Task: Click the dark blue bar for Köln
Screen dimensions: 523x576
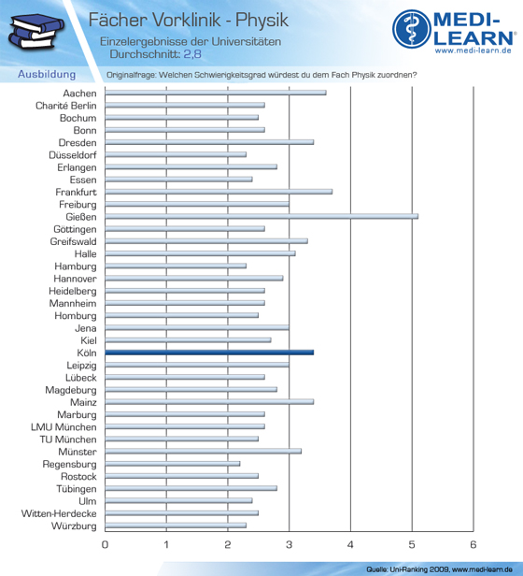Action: [x=209, y=353]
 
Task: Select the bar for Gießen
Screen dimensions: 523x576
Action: [x=261, y=217]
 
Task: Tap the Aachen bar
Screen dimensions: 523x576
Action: [x=216, y=93]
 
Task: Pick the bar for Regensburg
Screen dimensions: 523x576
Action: [x=173, y=464]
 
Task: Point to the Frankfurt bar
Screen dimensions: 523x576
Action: [x=219, y=192]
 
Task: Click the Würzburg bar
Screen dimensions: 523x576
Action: [x=176, y=526]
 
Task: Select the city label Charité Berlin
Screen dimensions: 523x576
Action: [x=66, y=106]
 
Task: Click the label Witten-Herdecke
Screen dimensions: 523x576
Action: [x=59, y=513]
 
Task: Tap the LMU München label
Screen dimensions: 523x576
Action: [x=64, y=427]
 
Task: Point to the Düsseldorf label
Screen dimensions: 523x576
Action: [x=73, y=155]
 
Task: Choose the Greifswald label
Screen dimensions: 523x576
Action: [x=74, y=241]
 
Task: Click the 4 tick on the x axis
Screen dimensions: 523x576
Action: [x=350, y=544]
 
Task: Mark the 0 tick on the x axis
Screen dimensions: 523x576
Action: [x=105, y=544]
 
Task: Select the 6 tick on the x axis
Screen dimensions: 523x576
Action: [x=474, y=544]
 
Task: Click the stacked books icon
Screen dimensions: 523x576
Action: [x=36, y=32]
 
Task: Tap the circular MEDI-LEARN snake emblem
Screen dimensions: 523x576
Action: [x=412, y=29]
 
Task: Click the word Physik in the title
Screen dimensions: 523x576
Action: [x=262, y=21]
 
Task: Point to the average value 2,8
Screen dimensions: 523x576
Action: [x=192, y=54]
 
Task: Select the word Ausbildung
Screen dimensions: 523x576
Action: [x=47, y=74]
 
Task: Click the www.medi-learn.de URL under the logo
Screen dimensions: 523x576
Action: [x=474, y=50]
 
